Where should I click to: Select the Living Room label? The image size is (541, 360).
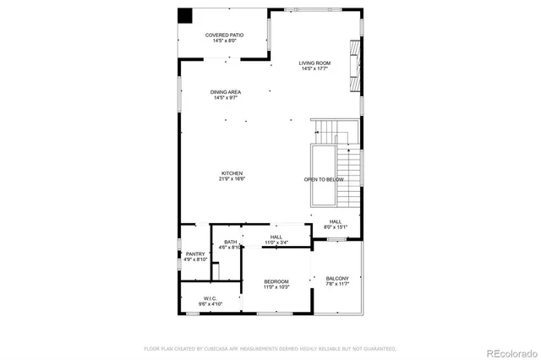point(315,63)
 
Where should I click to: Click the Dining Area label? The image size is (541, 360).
point(226,92)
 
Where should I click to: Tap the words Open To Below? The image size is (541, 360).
point(324,179)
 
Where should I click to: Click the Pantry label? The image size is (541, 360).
point(195,254)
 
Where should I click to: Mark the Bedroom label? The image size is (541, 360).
point(276,281)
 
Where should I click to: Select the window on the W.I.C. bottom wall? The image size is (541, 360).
point(193,314)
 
